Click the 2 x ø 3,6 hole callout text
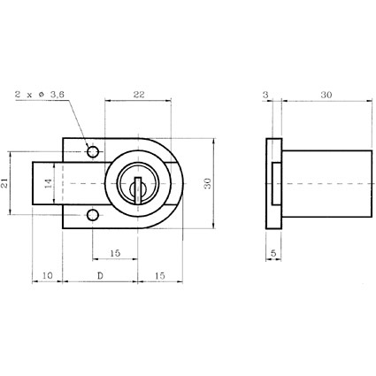(x=40, y=95)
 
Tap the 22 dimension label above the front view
(x=139, y=95)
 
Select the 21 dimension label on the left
(x=4, y=183)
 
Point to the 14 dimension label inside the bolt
(x=49, y=183)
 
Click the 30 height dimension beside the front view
(x=207, y=183)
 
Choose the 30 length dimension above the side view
(x=326, y=95)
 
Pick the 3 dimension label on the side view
(x=265, y=95)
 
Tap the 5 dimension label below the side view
(x=273, y=253)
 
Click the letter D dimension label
(x=100, y=276)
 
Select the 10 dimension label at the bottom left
(x=47, y=276)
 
